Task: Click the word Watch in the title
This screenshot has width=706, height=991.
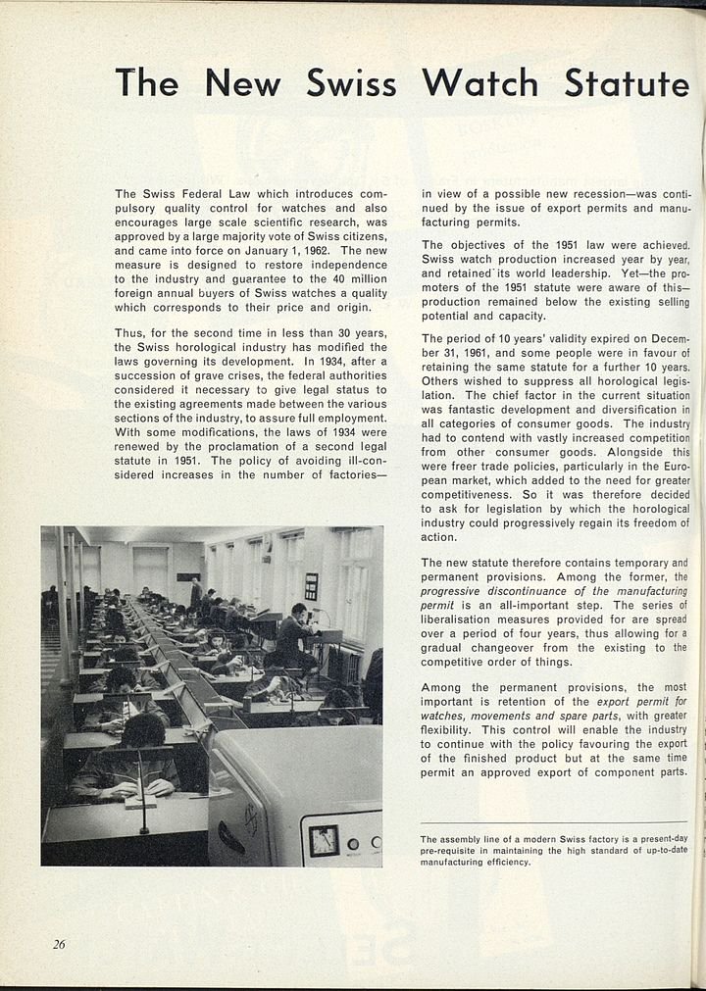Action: pos(480,83)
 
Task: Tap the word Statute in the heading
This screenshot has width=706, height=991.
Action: pos(626,83)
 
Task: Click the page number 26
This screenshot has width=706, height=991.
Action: pos(60,944)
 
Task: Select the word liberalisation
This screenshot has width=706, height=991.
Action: pos(461,619)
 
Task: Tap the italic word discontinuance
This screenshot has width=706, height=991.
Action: pos(527,591)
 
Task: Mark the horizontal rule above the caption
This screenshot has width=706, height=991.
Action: pos(554,822)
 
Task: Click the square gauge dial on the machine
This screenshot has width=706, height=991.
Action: pos(324,839)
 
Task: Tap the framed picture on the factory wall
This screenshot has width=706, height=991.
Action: pos(311,586)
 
